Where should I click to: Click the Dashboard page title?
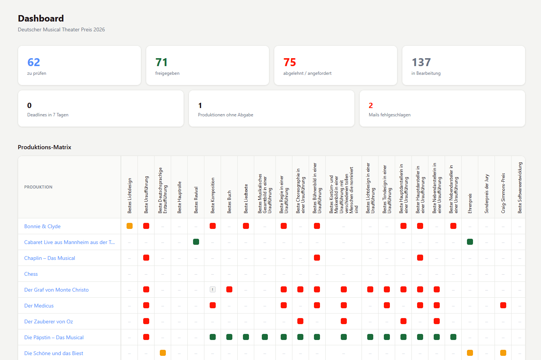[x=41, y=19]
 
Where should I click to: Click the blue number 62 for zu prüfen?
[x=34, y=62]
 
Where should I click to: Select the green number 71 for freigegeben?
[x=161, y=62]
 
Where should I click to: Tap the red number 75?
[x=290, y=62]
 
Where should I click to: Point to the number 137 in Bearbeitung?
[x=421, y=62]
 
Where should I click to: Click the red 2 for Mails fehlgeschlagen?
[x=371, y=105]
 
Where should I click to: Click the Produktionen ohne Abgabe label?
[x=226, y=115]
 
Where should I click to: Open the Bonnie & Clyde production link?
[x=42, y=226]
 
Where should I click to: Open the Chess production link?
[x=31, y=274]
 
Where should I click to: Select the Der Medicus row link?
[x=39, y=306]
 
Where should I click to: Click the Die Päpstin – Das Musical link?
[x=54, y=337]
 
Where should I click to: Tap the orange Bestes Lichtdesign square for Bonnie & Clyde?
[x=130, y=226]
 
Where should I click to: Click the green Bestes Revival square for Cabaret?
[x=196, y=242]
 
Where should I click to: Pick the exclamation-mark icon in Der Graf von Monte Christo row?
[x=213, y=289]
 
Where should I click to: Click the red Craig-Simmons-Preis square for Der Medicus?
[x=503, y=305]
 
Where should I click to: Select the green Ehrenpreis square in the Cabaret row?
[x=470, y=242]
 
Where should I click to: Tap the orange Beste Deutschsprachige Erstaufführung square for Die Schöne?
[x=163, y=353]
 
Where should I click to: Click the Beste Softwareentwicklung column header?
[x=520, y=188]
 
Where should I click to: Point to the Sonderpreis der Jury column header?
[x=487, y=194]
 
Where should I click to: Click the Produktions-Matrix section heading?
[x=45, y=147]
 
